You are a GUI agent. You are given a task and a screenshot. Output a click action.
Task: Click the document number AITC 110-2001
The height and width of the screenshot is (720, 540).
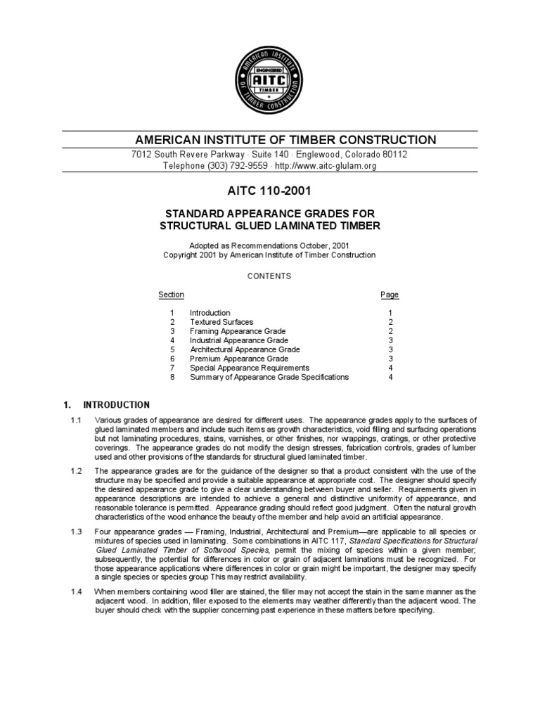(x=269, y=191)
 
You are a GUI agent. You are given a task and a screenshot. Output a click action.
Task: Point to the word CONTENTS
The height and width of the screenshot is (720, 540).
(x=269, y=276)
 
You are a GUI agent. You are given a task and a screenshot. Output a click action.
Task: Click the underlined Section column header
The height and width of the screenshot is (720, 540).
(x=172, y=295)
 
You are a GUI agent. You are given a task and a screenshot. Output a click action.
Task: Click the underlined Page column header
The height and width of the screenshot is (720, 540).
(x=390, y=295)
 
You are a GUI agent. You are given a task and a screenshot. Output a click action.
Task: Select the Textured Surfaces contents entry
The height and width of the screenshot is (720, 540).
(x=221, y=322)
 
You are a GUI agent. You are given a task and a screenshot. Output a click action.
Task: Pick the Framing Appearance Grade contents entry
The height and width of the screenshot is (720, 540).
(x=238, y=331)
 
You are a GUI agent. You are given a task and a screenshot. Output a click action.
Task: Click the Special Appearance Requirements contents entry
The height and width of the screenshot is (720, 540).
(x=249, y=368)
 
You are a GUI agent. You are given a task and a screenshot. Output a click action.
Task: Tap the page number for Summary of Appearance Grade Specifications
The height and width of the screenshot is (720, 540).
(x=390, y=377)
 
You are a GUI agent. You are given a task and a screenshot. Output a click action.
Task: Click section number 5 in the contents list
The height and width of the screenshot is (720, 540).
(x=172, y=349)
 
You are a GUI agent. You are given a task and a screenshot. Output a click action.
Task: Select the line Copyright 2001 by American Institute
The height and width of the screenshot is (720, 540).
(x=269, y=255)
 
